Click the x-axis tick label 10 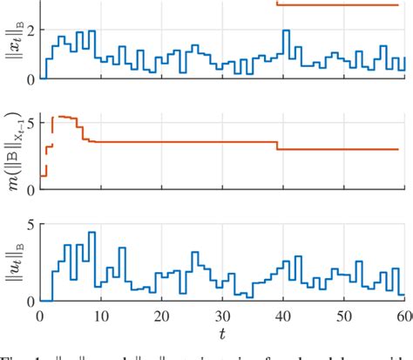click(x=100, y=316)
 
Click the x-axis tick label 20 click(x=161, y=316)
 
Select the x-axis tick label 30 click(x=222, y=316)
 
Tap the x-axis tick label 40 click(x=283, y=316)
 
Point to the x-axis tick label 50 click(x=344, y=316)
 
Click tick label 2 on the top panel click(x=30, y=31)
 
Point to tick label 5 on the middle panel click(x=30, y=122)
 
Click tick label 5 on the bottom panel click(x=30, y=225)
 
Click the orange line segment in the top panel click(x=340, y=5)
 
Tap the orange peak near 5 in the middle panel click(x=64, y=116)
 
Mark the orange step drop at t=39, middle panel click(x=277, y=146)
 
